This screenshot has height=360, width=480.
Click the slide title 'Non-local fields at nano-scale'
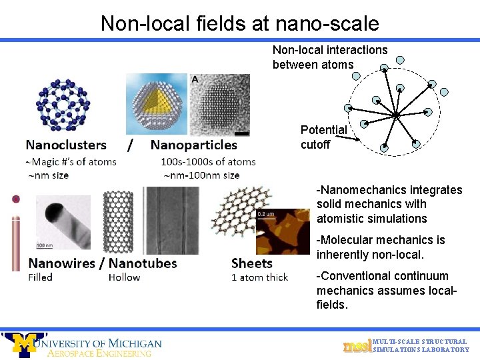click(239, 23)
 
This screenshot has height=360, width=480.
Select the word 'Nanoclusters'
click(66, 145)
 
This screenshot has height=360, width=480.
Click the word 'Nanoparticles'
click(194, 145)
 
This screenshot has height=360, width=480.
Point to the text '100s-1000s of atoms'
click(208, 161)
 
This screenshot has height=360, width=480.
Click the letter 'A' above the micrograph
click(194, 79)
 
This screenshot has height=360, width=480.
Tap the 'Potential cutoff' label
click(323, 137)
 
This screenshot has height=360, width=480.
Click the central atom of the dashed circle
click(395, 115)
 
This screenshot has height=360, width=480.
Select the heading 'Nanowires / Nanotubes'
click(103, 263)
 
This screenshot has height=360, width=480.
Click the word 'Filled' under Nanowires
click(40, 277)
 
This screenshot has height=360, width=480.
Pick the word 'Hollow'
click(124, 277)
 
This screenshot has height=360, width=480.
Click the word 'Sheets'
click(251, 263)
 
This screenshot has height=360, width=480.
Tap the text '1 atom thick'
click(259, 277)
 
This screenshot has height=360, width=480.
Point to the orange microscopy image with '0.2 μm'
click(283, 230)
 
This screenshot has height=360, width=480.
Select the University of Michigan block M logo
click(25, 344)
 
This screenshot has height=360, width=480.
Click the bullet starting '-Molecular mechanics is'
click(381, 247)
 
